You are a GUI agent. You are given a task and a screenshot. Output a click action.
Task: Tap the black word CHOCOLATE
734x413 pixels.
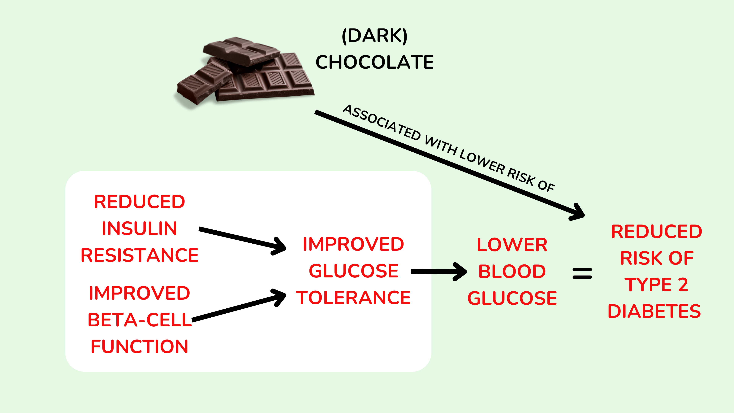[x=374, y=62]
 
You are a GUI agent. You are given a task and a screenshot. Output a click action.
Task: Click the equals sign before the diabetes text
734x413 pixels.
[x=582, y=273]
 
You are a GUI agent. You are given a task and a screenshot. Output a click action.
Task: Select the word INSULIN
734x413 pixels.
[x=139, y=229]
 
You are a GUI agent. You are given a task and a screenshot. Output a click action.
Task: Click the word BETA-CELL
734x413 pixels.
[x=140, y=320]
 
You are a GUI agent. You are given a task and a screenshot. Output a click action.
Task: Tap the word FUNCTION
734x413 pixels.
[x=139, y=347]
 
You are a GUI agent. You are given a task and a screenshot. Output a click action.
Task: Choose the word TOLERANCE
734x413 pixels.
[x=353, y=298]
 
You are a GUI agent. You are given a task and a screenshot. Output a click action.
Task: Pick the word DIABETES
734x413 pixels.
[x=654, y=311]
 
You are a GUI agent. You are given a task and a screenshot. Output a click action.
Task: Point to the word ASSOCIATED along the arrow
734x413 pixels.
[x=382, y=123]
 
